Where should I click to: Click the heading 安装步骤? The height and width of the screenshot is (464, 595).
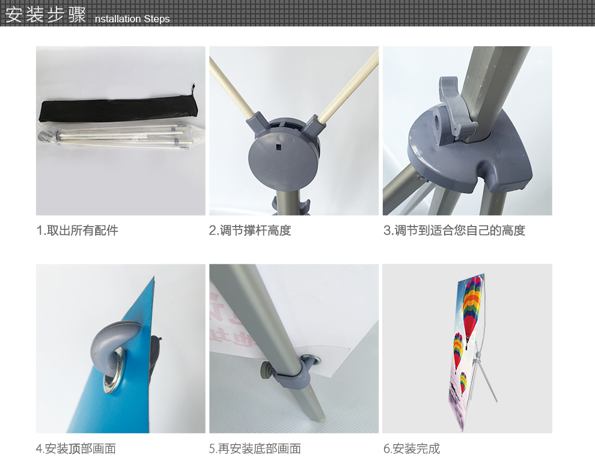(46, 15)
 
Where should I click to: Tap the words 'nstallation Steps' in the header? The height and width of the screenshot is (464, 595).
(132, 19)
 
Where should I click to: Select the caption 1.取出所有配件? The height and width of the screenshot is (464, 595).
(78, 230)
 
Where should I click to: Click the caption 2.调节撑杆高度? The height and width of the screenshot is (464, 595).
(250, 230)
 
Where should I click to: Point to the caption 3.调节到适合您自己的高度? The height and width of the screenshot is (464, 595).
(454, 230)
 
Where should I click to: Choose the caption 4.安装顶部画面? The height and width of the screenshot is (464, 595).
(76, 449)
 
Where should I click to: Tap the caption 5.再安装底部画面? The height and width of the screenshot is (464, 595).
(255, 449)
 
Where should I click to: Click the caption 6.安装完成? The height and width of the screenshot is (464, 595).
(412, 449)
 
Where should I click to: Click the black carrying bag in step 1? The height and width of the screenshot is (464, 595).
(118, 109)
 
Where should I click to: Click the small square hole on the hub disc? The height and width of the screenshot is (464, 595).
(279, 147)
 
